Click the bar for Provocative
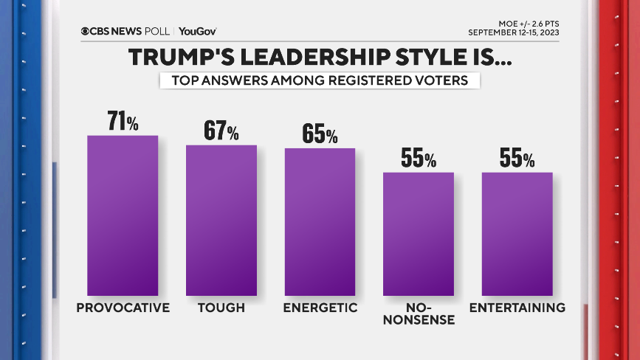pos(123,215)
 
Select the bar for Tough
pos(221,220)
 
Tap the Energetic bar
pos(320,221)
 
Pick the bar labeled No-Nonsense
pos(418,234)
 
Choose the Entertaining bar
pos(517,234)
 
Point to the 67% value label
pos(221,131)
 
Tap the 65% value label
pos(320,134)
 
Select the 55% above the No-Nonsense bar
pos(419,159)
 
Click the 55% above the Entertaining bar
pos(517,159)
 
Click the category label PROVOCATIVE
pos(123,308)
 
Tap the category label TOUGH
pos(221,308)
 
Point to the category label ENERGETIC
pos(320,308)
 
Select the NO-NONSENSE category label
pos(419,314)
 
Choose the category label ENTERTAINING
pos(517,308)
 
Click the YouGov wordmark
pos(197,31)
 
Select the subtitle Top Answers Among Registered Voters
pos(320,80)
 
